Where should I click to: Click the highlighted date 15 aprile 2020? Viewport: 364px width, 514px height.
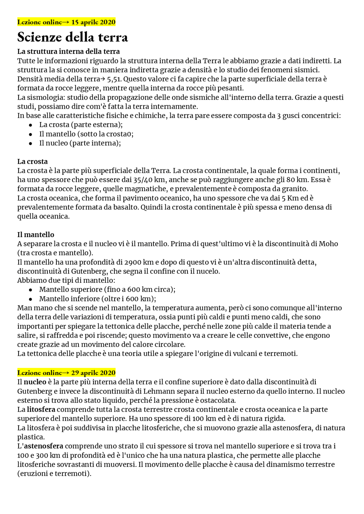click(93, 22)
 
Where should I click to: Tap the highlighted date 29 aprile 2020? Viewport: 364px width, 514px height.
click(93, 373)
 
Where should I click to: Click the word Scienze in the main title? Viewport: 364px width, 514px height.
click(40, 37)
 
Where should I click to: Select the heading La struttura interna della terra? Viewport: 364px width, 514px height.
click(69, 51)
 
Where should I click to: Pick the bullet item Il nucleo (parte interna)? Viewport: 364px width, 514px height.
click(80, 143)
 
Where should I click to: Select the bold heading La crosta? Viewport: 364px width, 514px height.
click(32, 162)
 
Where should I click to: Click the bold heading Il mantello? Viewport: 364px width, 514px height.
click(36, 235)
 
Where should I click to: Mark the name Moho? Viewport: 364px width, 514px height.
click(328, 244)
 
